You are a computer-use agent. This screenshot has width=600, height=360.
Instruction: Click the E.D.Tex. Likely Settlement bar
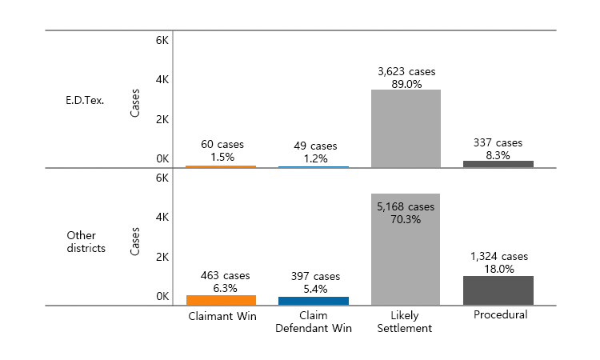point(406,128)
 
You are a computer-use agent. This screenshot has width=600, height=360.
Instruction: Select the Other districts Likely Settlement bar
point(406,249)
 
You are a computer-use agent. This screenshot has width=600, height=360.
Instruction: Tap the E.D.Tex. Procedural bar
point(498,164)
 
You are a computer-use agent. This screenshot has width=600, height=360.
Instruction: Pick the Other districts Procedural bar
point(498,290)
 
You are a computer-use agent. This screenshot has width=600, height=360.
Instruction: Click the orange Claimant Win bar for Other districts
point(221,300)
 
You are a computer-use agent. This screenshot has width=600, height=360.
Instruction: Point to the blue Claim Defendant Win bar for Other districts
point(314,301)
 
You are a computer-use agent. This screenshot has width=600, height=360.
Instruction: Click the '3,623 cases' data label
point(406,71)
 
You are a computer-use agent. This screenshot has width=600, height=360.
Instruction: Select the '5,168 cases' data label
point(406,206)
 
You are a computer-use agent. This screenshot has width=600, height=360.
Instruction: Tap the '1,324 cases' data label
point(498,256)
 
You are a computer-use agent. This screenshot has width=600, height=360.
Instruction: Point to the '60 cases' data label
point(222,144)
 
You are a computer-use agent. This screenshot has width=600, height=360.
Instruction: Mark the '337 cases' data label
point(498,142)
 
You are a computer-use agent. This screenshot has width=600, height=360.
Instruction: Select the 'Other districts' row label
point(86,242)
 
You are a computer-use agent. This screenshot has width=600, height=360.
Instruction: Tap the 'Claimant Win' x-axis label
point(221,315)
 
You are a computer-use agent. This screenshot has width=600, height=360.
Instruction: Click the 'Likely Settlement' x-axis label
point(406,322)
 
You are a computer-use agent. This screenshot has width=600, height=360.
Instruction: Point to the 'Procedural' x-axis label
point(500,315)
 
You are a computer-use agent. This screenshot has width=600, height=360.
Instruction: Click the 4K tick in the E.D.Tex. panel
point(162,79)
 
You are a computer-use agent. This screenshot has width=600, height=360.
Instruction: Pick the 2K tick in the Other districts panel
point(162,257)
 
